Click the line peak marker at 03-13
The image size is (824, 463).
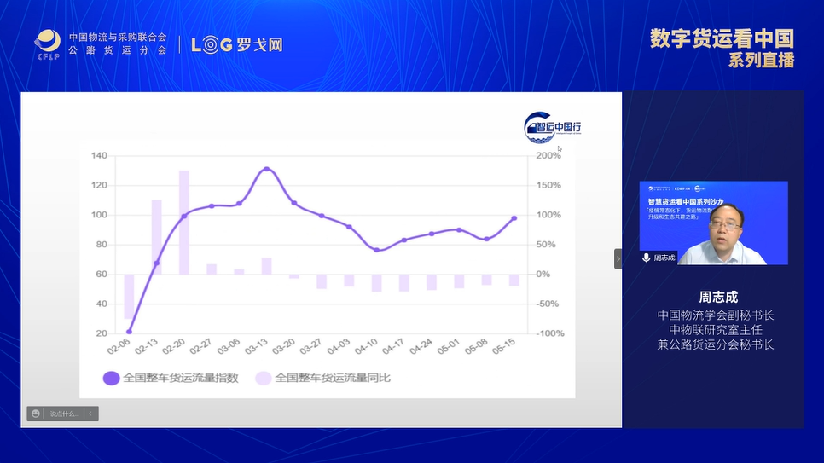(x=266, y=169)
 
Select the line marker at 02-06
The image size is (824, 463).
(x=129, y=332)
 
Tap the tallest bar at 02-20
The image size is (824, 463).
(x=183, y=222)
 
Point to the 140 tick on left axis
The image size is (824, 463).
(x=98, y=156)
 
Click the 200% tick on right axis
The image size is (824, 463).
(x=548, y=156)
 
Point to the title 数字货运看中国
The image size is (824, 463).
(x=721, y=39)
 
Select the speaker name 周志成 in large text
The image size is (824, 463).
(x=717, y=298)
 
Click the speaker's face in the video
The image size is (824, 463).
(x=718, y=232)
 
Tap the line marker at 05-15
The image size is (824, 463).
(x=514, y=218)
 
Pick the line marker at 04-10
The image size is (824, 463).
(x=376, y=250)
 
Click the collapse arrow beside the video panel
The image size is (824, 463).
(x=618, y=258)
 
